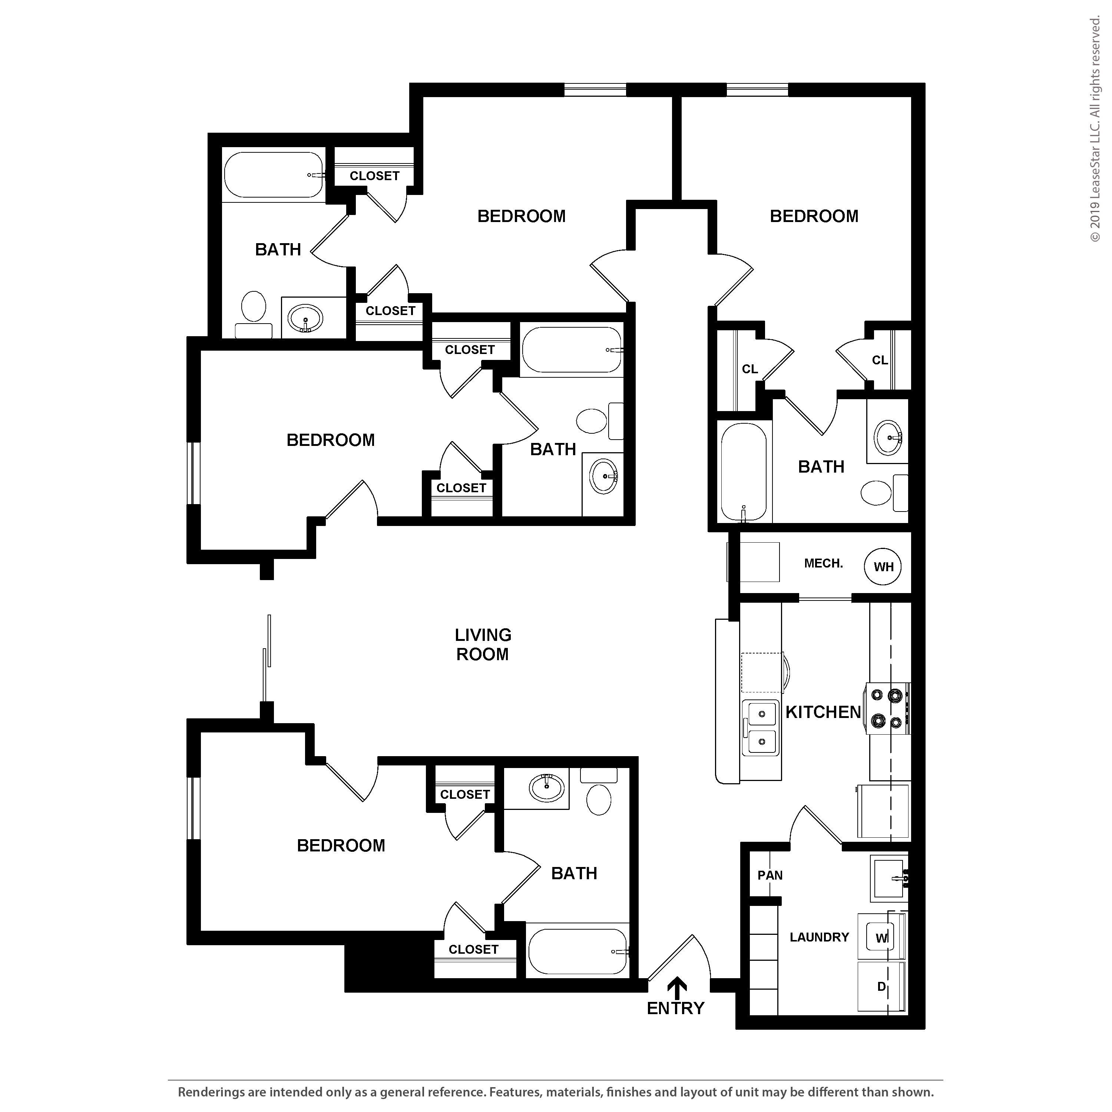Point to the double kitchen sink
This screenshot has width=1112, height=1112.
(x=761, y=728)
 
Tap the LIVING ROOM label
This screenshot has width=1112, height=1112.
(x=483, y=645)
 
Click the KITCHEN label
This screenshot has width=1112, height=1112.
(x=823, y=712)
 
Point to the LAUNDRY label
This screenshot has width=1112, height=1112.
(x=819, y=937)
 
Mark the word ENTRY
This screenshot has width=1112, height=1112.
(x=676, y=1008)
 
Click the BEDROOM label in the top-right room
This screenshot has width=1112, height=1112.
(x=814, y=216)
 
